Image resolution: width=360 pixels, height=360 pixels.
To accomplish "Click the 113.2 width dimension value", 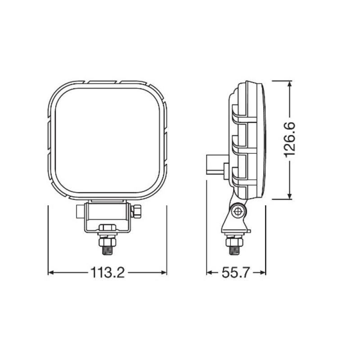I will tap(107, 273).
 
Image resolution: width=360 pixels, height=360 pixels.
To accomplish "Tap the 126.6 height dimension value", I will tap(289, 140).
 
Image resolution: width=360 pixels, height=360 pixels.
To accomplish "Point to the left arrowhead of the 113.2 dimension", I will tap(50, 273).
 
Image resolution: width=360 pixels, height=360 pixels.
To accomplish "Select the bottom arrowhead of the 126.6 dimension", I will tap(289, 197).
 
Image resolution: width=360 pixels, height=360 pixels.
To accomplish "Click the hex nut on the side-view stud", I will tap(233, 237).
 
